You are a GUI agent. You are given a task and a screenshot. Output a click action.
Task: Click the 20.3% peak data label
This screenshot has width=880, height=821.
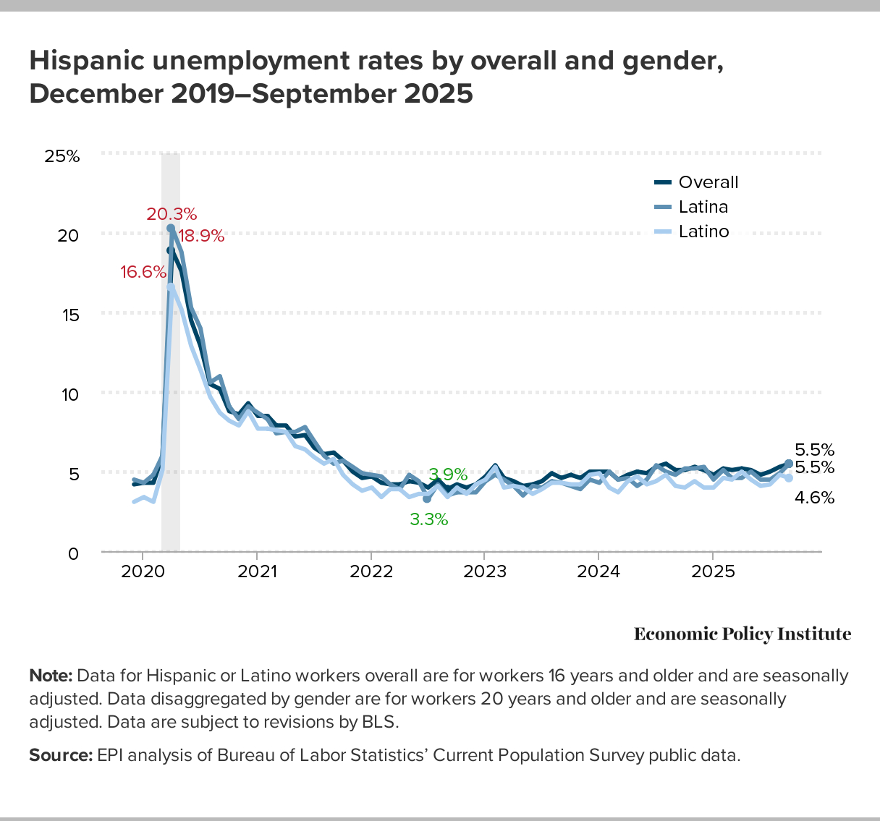(172, 214)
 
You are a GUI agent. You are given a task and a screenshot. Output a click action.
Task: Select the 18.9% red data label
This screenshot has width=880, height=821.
(201, 236)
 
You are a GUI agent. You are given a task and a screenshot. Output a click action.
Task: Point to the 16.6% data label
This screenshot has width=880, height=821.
(143, 272)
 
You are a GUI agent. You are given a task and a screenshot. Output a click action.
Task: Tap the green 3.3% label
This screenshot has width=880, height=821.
(429, 519)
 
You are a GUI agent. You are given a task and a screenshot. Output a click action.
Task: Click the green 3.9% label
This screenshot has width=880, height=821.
(448, 475)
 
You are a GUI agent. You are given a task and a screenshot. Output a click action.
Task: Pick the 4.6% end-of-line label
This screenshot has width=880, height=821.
(814, 498)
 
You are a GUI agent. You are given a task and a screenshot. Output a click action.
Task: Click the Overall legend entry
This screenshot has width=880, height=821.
(708, 182)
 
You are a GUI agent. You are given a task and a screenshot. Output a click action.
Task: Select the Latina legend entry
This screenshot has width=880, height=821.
(703, 207)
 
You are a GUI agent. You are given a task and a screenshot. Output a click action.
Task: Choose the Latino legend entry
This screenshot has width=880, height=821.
(703, 231)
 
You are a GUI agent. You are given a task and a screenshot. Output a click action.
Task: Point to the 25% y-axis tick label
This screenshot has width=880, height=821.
(62, 156)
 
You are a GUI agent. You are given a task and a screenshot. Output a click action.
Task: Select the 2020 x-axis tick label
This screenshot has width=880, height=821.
(143, 571)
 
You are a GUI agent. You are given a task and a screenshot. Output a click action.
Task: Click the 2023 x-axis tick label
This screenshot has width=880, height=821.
(485, 571)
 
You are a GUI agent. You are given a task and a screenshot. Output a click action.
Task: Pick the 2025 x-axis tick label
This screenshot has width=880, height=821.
(713, 571)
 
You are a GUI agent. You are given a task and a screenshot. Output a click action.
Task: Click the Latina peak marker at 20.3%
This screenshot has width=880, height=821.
(171, 229)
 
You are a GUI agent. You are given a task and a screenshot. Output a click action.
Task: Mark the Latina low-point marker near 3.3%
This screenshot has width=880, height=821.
(427, 499)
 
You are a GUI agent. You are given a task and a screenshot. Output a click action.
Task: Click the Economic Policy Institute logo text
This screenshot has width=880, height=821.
(742, 634)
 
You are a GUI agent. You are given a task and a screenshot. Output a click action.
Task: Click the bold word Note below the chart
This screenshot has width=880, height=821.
(51, 676)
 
